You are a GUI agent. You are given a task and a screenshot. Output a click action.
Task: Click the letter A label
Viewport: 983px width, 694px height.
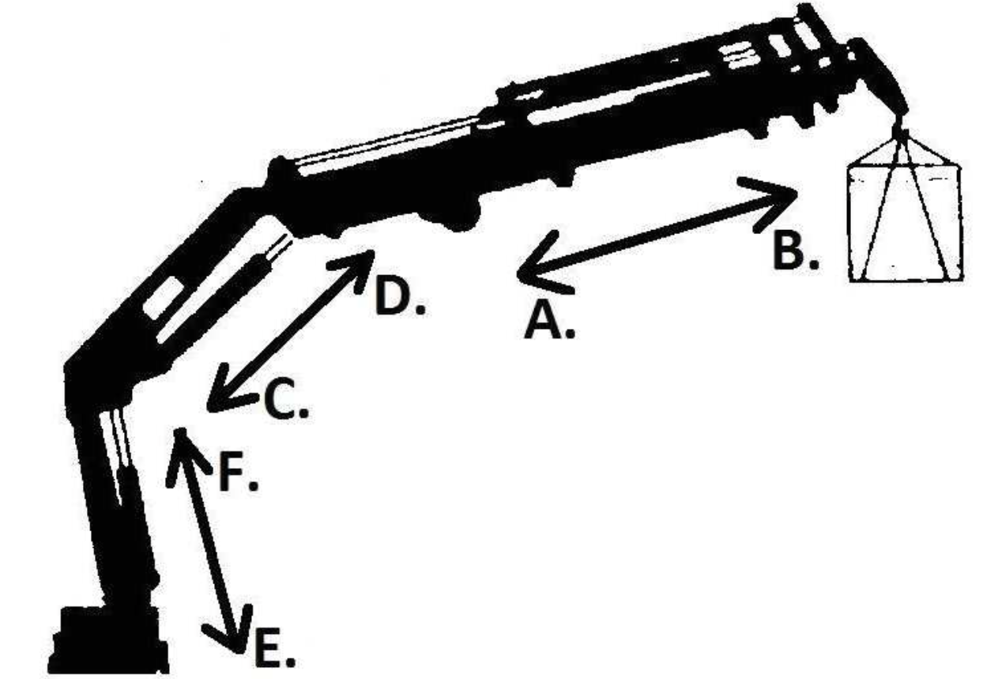click(x=549, y=322)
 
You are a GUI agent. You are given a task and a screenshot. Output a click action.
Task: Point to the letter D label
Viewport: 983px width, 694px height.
click(x=400, y=296)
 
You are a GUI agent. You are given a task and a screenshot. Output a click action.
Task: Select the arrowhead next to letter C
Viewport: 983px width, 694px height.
click(x=231, y=389)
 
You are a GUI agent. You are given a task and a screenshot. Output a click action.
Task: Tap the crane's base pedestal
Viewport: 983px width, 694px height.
click(x=108, y=640)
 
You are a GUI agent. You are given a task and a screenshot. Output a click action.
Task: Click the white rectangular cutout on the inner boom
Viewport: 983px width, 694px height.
click(x=163, y=297)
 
